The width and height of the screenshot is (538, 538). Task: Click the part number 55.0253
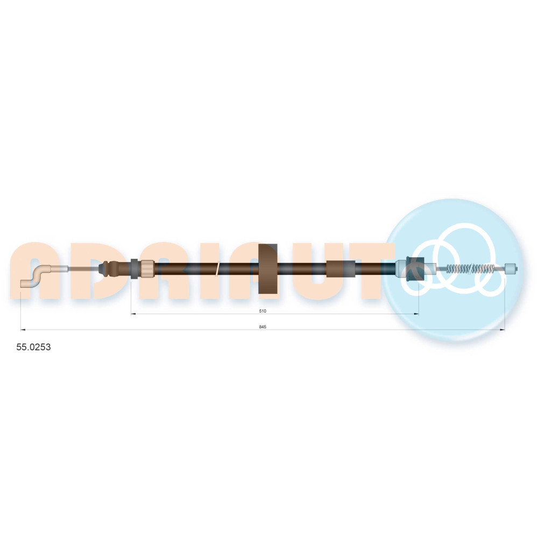tap(33, 347)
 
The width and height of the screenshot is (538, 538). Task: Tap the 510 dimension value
tap(263, 311)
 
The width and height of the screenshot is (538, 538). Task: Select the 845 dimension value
tap(263, 327)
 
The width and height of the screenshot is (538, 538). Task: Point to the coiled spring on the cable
tap(471, 268)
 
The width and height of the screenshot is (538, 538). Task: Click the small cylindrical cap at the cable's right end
tap(511, 268)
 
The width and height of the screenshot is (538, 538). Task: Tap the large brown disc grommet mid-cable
tap(267, 268)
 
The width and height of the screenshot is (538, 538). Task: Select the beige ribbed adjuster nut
tap(147, 268)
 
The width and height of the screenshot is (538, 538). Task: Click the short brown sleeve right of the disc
tap(340, 268)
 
